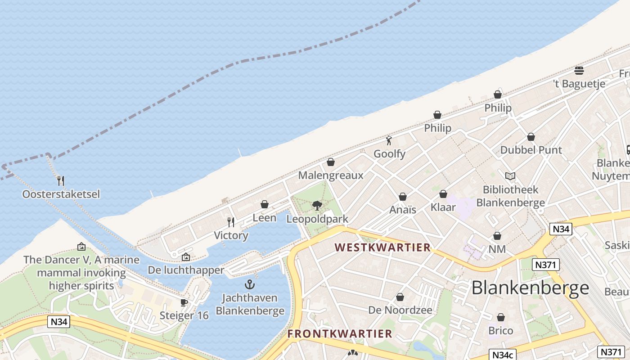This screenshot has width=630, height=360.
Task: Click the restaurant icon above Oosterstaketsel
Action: [x=61, y=180]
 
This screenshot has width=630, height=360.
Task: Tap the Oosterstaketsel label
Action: [x=61, y=194]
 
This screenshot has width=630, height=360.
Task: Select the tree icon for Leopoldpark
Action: [x=317, y=206]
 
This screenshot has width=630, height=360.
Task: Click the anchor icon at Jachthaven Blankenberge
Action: [x=250, y=284]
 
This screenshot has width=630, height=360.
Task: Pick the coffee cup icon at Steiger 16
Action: [x=184, y=302]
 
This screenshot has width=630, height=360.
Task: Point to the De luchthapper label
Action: [x=186, y=270]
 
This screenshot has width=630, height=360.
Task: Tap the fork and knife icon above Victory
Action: [x=231, y=222]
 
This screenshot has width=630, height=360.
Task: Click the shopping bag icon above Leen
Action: [x=265, y=204]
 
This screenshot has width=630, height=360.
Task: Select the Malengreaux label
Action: [x=331, y=175]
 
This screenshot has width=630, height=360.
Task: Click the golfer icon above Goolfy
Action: [x=389, y=140]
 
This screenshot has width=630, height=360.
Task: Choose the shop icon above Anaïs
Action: [x=403, y=197]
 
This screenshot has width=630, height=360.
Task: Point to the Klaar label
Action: [x=443, y=207]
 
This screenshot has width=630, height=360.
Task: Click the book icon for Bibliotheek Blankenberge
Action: [x=510, y=176]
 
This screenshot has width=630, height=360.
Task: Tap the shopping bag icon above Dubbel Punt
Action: [x=531, y=137]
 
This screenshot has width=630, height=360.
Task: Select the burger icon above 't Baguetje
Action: [x=579, y=70]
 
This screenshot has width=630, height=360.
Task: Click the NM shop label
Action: [x=497, y=249]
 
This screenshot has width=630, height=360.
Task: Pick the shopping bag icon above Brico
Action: [x=501, y=317]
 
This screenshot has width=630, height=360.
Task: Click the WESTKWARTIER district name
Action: [x=383, y=247]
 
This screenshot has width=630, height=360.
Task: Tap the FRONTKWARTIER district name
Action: [x=340, y=334]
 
